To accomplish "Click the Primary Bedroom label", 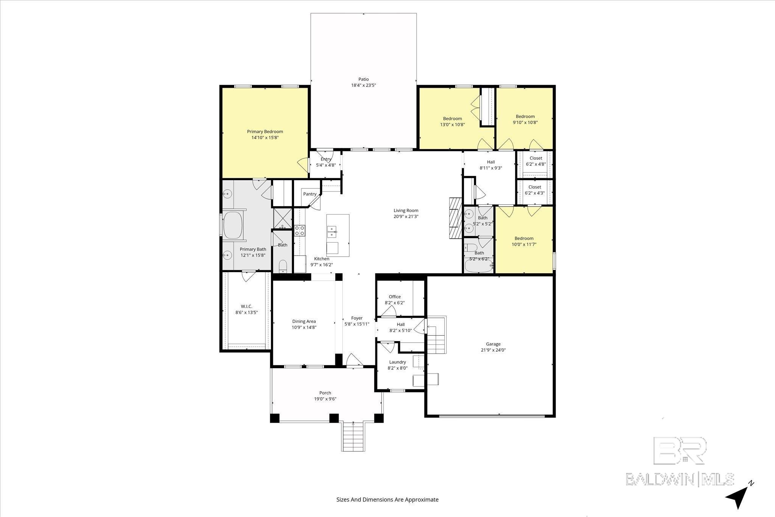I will pos(265,132).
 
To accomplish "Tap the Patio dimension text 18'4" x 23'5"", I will pos(363,86).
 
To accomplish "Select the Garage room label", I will pos(493,344).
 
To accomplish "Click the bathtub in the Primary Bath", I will pos(233,226).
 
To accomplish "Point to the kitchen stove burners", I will pos(300,230).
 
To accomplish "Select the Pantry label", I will pos(310,194).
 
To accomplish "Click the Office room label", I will pos(395,297).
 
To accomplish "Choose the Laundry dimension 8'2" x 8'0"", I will pos(397,368).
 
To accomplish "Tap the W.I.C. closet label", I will pos(246,306).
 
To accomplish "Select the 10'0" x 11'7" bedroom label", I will pos(524,244).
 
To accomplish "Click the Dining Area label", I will pos(303,321).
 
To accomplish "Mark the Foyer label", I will pos(356,318).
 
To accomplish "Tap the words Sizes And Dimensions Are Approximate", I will pos(387,500).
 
